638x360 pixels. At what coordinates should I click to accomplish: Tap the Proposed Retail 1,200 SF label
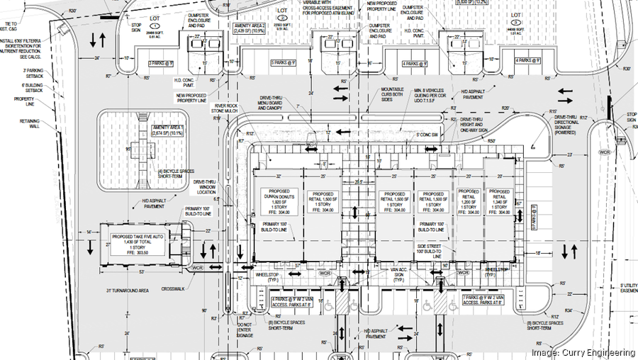469,201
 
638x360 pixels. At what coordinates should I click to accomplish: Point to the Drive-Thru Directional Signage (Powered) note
571,125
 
